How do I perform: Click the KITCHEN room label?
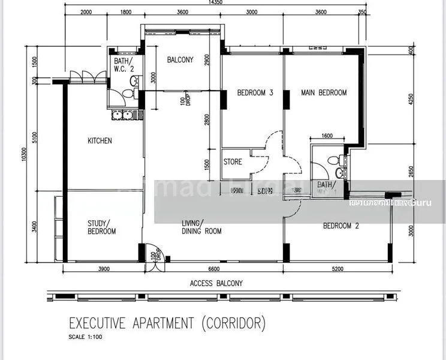click(100, 141)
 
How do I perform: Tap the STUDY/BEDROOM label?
click(101, 227)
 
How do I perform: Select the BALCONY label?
click(180, 59)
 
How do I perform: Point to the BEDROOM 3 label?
click(255, 92)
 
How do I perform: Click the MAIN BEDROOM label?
click(324, 92)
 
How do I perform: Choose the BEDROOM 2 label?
click(340, 226)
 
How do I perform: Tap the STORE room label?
click(233, 161)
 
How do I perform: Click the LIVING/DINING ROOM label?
click(201, 227)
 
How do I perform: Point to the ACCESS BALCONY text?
click(216, 283)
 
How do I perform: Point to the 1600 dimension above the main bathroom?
click(327, 136)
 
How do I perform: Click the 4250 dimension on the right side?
click(412, 99)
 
